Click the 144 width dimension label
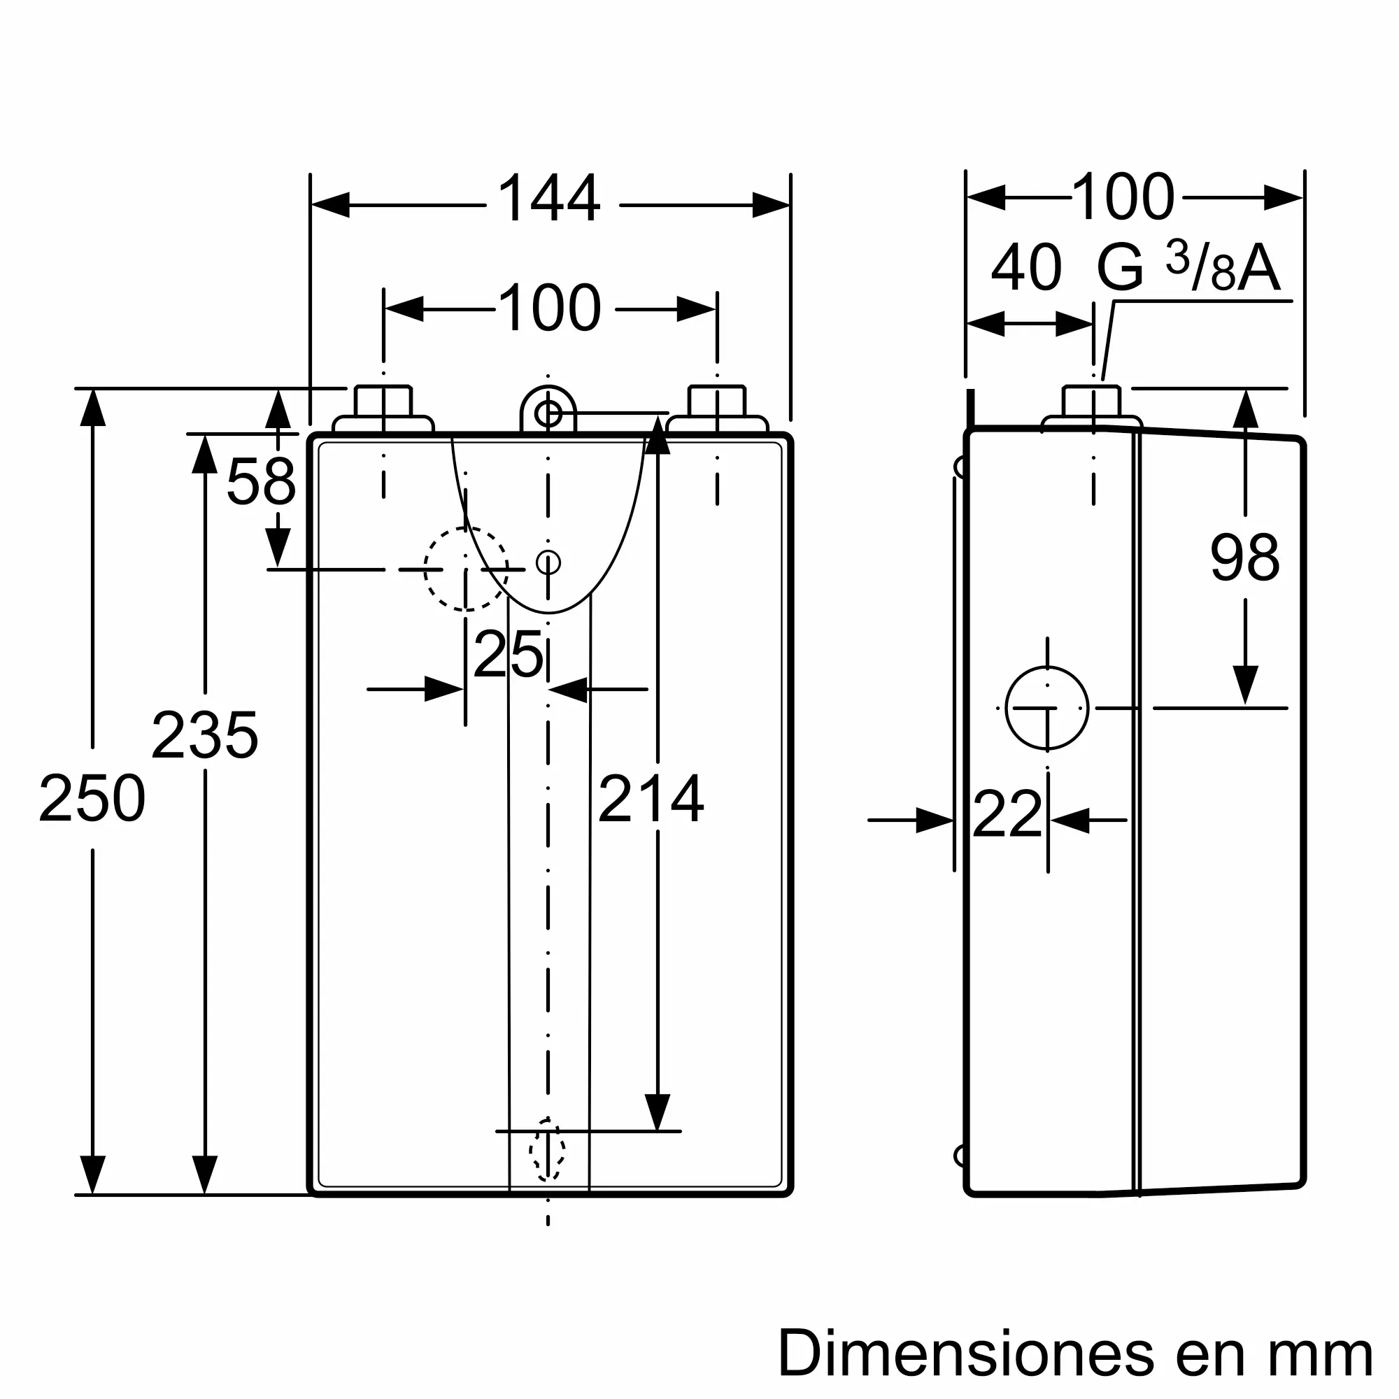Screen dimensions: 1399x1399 [549, 198]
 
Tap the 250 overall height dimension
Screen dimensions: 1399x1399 [92, 798]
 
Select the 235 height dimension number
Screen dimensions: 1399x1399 [205, 735]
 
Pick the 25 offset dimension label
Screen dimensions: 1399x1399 [508, 654]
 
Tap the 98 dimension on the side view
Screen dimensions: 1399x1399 [1245, 557]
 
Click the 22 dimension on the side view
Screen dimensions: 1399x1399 [1007, 814]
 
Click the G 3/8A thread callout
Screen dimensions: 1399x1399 [1188, 267]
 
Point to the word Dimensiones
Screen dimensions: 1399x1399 [966, 1353]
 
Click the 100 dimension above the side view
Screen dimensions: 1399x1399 [1123, 197]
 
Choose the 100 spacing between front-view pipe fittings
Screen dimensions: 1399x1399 [550, 308]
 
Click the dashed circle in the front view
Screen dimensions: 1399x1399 [466, 569]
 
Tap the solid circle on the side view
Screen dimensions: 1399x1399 [1047, 707]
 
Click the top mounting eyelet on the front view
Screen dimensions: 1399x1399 [548, 410]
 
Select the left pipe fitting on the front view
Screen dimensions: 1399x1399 [383, 410]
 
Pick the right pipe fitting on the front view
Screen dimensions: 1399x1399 [717, 410]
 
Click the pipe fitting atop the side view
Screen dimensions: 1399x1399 [1092, 410]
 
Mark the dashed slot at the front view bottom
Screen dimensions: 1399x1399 [548, 1150]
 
